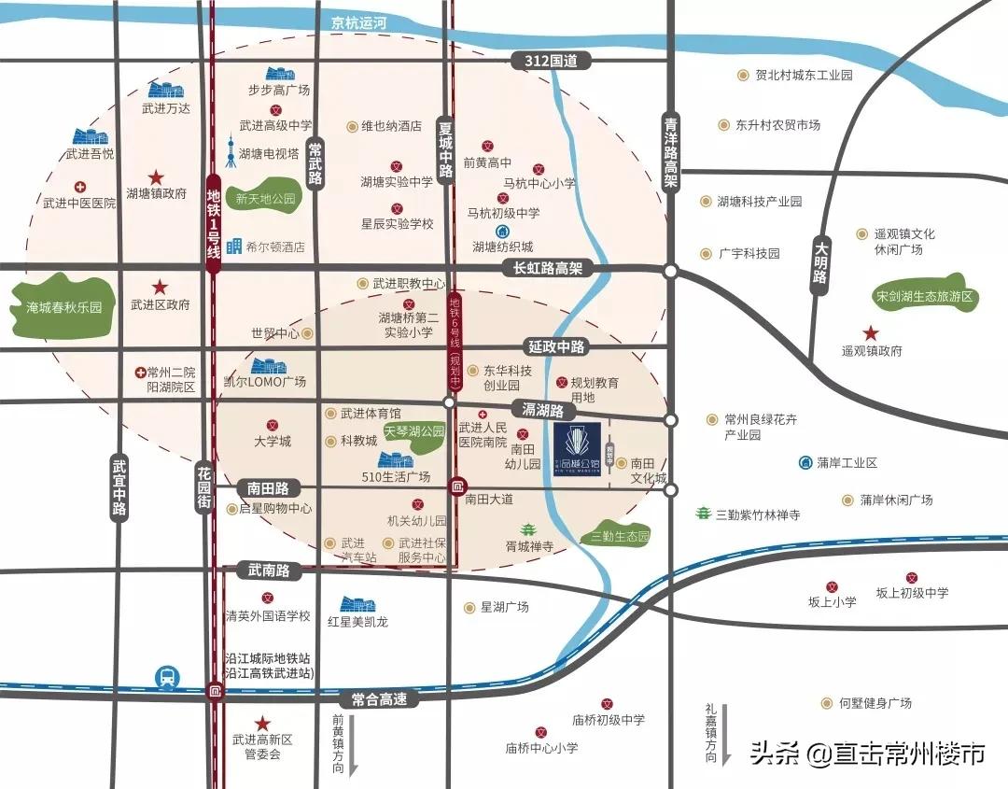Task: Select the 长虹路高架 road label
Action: pyautogui.click(x=548, y=269)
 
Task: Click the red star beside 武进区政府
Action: pyautogui.click(x=161, y=287)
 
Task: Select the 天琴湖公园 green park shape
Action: pyautogui.click(x=414, y=433)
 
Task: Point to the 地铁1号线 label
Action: pyautogui.click(x=213, y=223)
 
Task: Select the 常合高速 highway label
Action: pyautogui.click(x=374, y=698)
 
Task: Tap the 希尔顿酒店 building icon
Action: pyautogui.click(x=234, y=247)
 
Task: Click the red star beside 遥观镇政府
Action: pyautogui.click(x=870, y=332)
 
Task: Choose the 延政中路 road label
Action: pyautogui.click(x=556, y=347)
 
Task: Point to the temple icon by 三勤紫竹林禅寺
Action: pyautogui.click(x=703, y=514)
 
